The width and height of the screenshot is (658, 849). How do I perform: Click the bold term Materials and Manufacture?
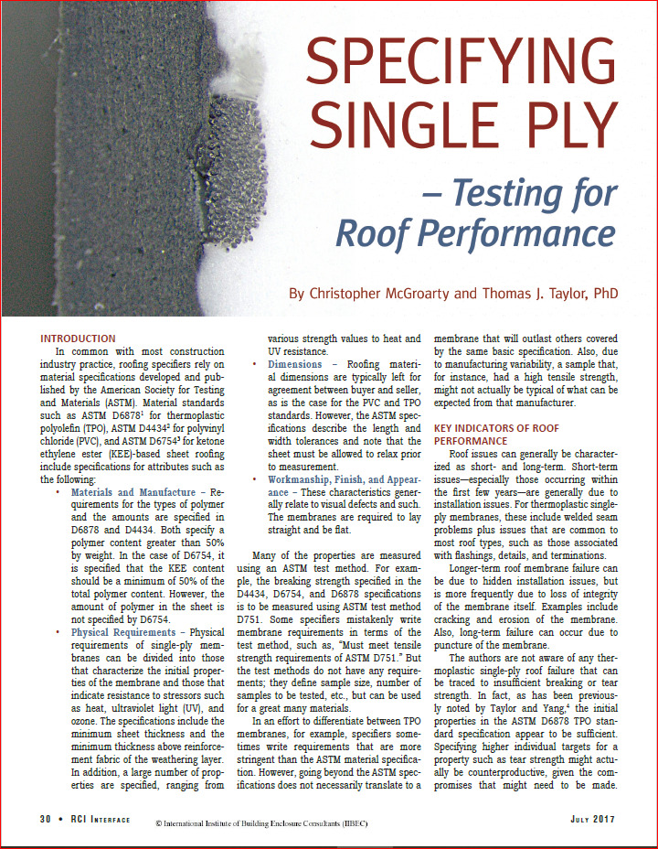tap(136, 492)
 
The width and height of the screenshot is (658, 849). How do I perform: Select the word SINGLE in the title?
tap(398, 124)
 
